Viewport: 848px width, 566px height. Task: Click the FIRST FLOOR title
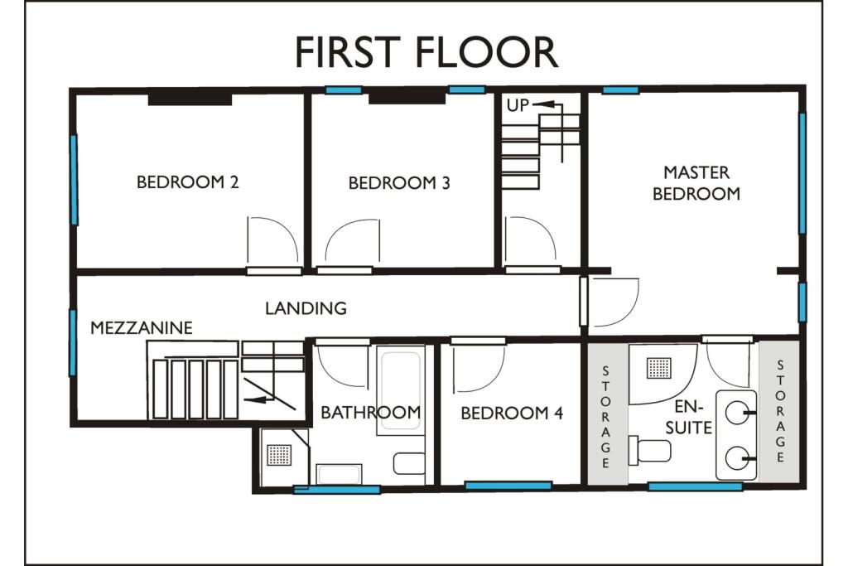click(426, 52)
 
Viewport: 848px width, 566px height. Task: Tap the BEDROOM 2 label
click(188, 182)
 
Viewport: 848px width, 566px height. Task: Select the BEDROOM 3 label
click(399, 183)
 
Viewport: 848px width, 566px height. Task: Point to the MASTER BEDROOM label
click(696, 183)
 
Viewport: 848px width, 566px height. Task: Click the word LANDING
click(306, 308)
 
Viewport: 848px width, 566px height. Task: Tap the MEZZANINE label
click(142, 328)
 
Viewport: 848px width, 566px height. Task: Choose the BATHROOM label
click(370, 412)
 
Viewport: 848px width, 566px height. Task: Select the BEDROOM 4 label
click(512, 413)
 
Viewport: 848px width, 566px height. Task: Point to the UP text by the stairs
click(518, 105)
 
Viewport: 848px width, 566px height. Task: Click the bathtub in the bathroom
click(401, 389)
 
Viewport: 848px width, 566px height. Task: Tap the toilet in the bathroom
click(409, 462)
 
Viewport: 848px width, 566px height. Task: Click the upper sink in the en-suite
click(738, 409)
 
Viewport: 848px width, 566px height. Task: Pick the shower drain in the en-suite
click(659, 366)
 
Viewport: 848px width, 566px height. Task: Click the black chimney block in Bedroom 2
click(190, 99)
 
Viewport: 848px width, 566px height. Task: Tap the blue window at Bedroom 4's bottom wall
click(508, 486)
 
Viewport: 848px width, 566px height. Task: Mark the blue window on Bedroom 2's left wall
click(74, 179)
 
